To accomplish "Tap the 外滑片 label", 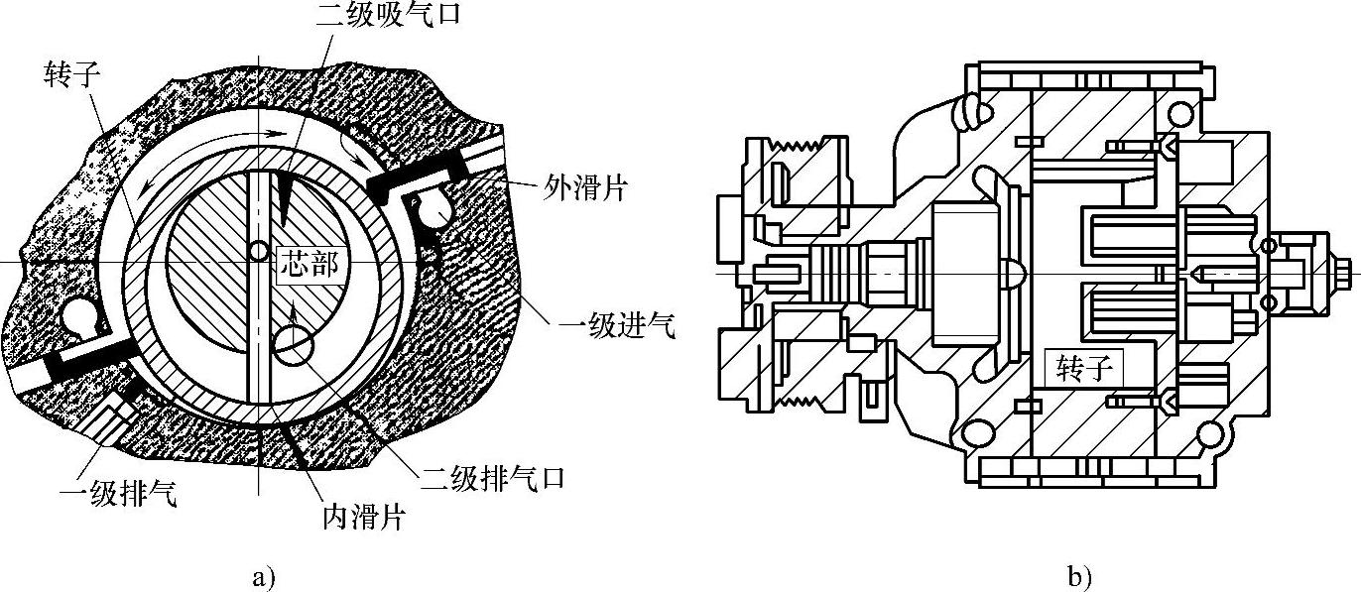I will click(586, 187).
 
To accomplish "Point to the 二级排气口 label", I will click(493, 479).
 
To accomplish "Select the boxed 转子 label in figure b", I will click(1088, 370).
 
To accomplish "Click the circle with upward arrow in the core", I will click(292, 345).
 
